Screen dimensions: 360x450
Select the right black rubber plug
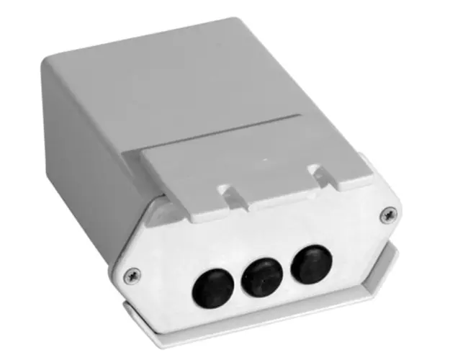(x=310, y=263)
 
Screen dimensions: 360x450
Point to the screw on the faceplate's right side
(x=388, y=212)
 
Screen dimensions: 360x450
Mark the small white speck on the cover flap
(x=264, y=156)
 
